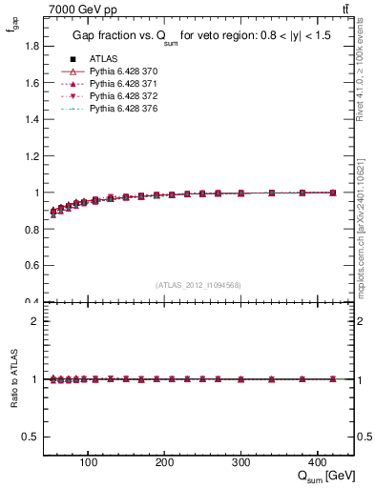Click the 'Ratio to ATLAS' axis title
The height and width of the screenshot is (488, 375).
click(x=12, y=379)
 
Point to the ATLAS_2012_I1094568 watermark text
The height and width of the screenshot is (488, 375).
click(x=198, y=285)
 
